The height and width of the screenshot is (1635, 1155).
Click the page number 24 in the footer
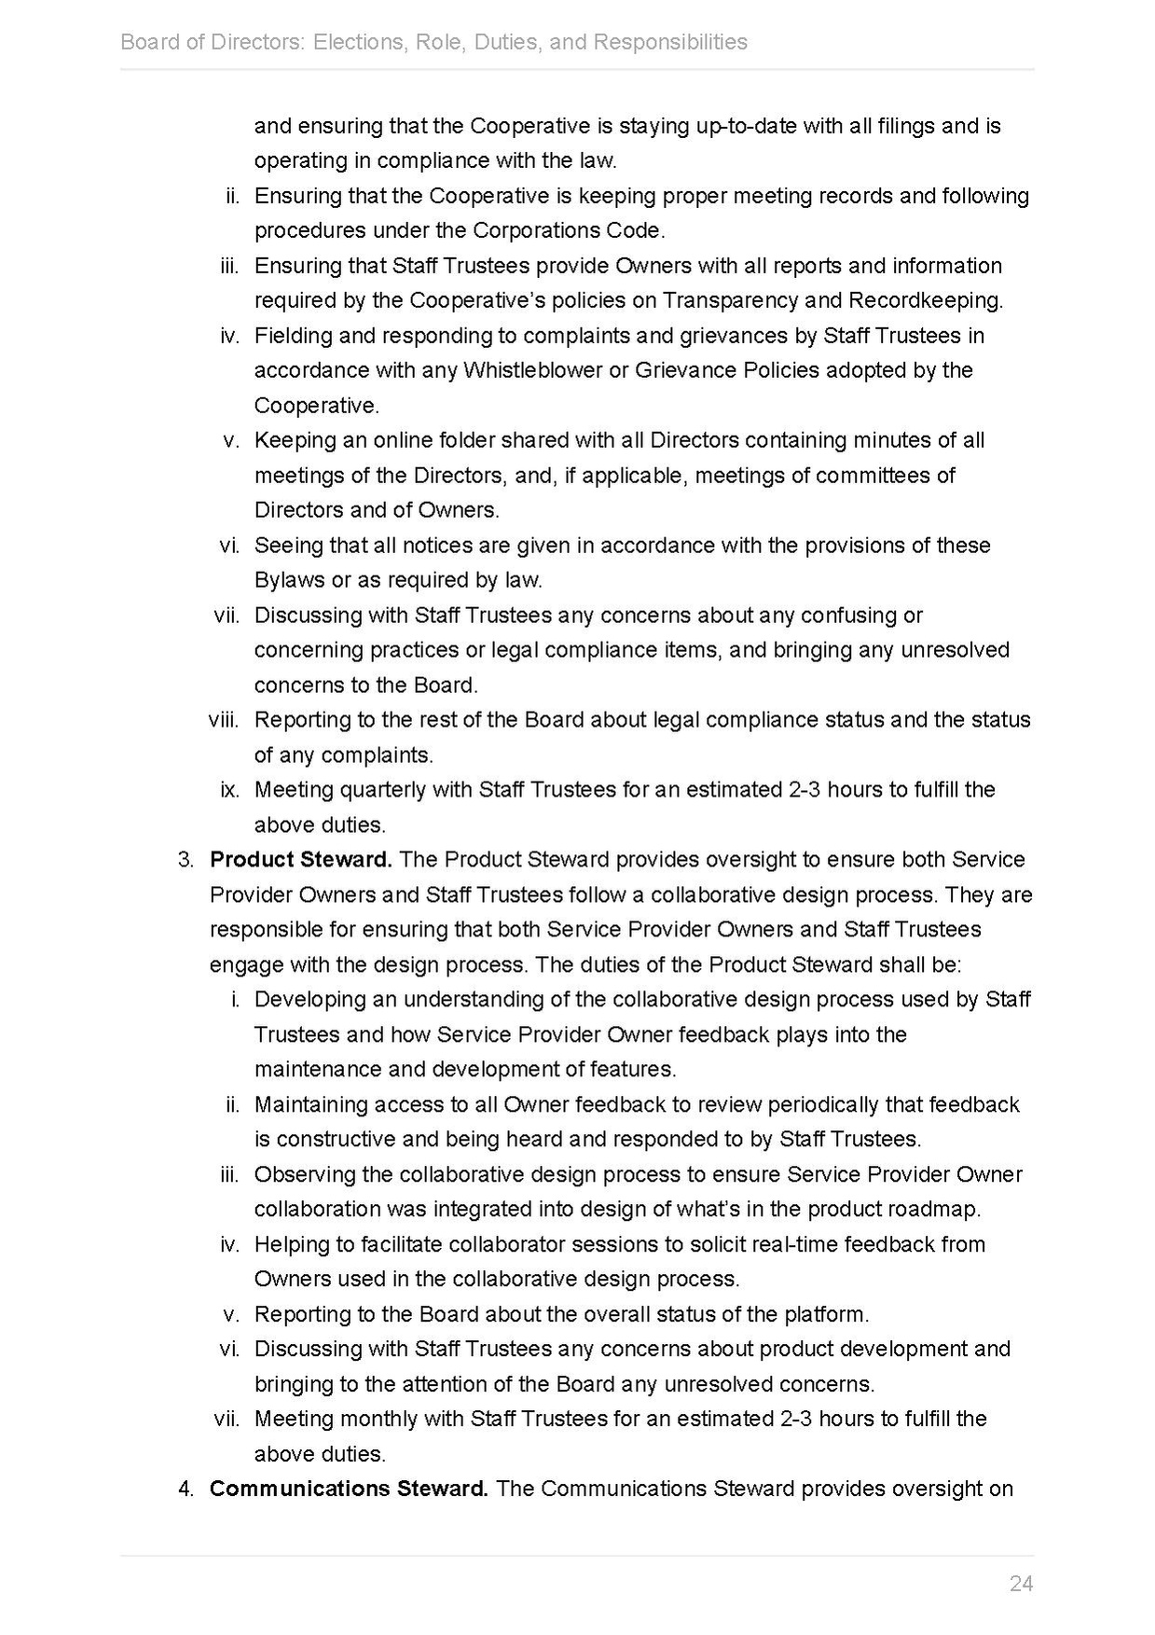(x=1021, y=1583)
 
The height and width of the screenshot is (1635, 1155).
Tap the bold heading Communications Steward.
(x=349, y=1488)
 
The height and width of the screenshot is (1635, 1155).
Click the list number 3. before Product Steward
(x=186, y=859)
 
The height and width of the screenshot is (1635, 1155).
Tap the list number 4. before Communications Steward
(x=186, y=1488)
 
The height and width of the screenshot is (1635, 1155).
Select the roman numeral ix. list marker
(x=229, y=789)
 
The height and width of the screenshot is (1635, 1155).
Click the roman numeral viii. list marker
(x=224, y=719)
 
